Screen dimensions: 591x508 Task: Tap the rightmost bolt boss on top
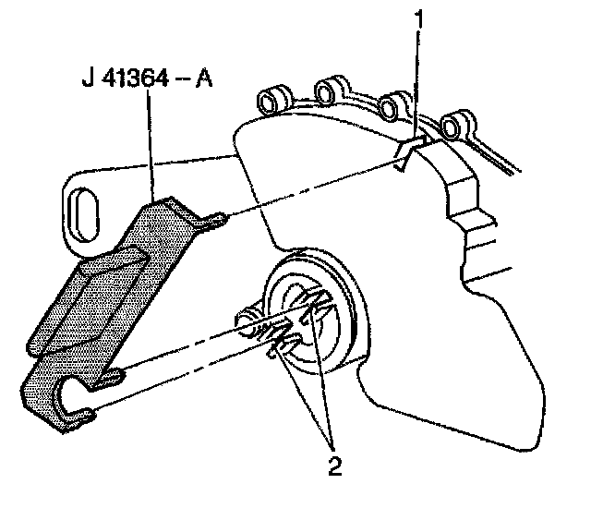(x=454, y=124)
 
